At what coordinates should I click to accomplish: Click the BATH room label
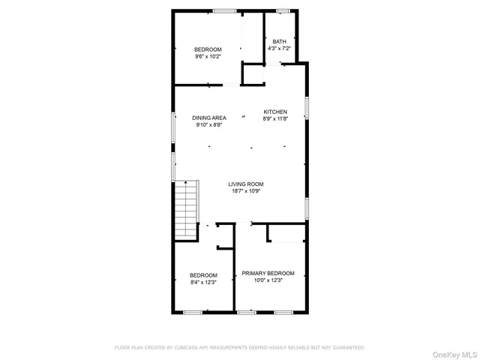279,41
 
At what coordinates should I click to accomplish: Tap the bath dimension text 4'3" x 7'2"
279,49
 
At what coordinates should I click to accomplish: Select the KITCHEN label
274,112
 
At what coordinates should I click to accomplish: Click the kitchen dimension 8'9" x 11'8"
274,118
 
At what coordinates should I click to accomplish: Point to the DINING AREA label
208,118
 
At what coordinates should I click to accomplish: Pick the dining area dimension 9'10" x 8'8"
208,124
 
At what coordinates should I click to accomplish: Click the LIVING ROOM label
246,184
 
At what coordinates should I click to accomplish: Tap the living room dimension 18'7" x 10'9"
246,190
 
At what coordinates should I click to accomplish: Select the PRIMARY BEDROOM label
268,273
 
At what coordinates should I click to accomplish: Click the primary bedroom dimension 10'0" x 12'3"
268,280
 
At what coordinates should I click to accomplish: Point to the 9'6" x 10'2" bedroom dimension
208,56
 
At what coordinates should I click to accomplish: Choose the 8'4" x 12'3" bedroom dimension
203,282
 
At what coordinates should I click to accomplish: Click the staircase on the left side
185,210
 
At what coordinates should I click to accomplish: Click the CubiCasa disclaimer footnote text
239,347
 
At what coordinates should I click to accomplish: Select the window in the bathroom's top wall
283,10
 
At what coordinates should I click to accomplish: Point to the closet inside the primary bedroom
286,233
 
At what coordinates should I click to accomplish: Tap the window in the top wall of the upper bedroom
223,10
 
